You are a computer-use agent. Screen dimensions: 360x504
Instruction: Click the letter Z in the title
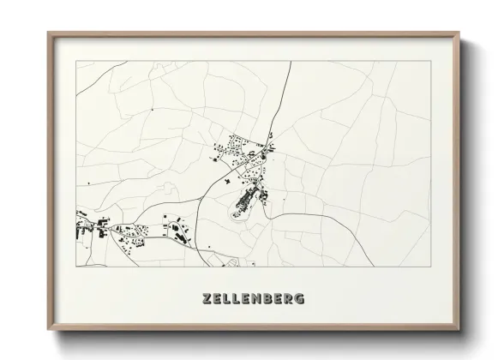(x=207, y=299)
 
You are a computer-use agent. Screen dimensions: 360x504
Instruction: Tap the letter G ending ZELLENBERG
(x=297, y=299)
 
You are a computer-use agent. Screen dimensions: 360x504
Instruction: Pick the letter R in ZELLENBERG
(x=287, y=299)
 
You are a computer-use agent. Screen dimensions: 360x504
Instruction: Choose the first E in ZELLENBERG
(x=218, y=299)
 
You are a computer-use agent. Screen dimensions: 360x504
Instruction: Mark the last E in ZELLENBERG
(x=277, y=299)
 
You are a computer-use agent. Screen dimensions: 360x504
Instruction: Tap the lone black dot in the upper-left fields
(x=152, y=111)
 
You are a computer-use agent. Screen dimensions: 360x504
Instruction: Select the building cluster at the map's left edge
(x=87, y=228)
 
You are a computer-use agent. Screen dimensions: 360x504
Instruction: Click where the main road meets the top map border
(x=291, y=62)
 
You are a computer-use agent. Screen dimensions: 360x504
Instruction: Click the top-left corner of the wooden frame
(x=48, y=33)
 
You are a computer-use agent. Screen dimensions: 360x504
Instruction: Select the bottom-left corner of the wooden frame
(x=48, y=331)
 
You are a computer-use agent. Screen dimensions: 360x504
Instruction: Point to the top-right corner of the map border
(x=429, y=62)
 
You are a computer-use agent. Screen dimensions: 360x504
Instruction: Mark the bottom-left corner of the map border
(x=77, y=267)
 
